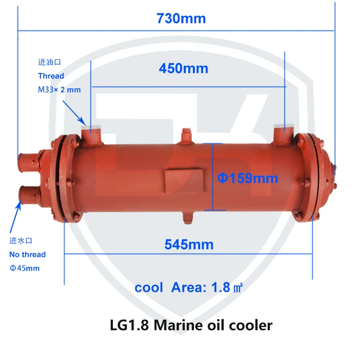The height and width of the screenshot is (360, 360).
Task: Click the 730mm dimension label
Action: click(x=181, y=19)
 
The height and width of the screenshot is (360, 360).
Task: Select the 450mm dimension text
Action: click(x=183, y=69)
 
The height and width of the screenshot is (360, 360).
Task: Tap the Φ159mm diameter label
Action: click(x=248, y=179)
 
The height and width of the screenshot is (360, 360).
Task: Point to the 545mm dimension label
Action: click(x=189, y=244)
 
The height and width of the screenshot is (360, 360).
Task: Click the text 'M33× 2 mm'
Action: click(x=60, y=89)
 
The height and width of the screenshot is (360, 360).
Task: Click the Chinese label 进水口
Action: click(x=21, y=240)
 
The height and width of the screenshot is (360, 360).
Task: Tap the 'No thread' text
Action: click(x=27, y=254)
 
